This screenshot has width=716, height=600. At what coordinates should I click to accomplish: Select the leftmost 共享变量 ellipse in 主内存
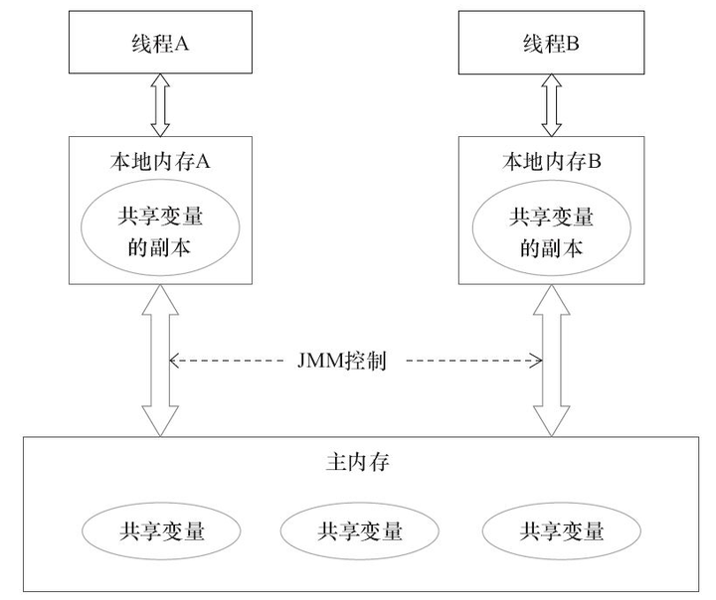162,530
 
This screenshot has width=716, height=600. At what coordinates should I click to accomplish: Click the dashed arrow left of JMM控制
229,361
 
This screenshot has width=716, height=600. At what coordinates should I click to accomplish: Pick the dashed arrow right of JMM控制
467,361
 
